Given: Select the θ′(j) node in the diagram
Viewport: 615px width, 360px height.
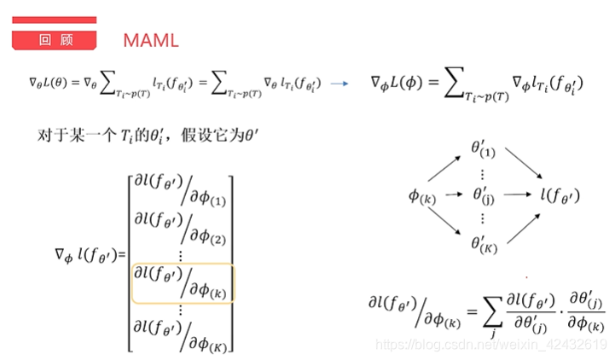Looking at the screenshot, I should pyautogui.click(x=483, y=195).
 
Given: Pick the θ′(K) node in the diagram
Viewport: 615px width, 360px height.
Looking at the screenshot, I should pyautogui.click(x=483, y=243).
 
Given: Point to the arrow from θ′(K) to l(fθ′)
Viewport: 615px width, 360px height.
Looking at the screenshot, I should pyautogui.click(x=520, y=225).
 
